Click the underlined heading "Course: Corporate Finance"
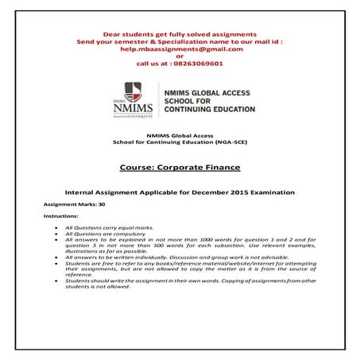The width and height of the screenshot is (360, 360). [x=180, y=168]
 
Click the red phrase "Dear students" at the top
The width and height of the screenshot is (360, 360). [x=128, y=33]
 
